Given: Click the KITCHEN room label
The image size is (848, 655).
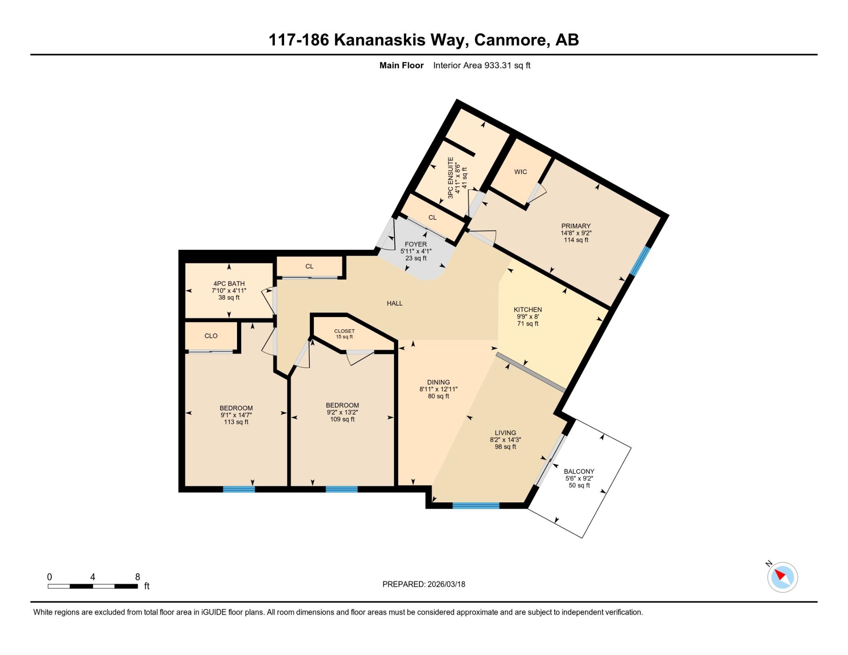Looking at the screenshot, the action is pyautogui.click(x=528, y=309).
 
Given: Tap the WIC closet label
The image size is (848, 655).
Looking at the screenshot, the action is pyautogui.click(x=521, y=172).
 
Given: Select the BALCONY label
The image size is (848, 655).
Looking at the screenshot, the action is pyautogui.click(x=579, y=471).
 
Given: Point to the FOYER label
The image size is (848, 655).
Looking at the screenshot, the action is pyautogui.click(x=416, y=244).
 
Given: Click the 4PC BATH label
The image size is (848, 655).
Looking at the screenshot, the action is pyautogui.click(x=229, y=284).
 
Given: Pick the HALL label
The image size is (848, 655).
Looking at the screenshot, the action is pyautogui.click(x=395, y=303).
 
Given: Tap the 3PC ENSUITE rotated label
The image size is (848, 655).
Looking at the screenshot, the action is pyautogui.click(x=451, y=178).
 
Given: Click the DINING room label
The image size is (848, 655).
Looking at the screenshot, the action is pyautogui.click(x=438, y=382).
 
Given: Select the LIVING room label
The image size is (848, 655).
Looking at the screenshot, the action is pyautogui.click(x=505, y=433).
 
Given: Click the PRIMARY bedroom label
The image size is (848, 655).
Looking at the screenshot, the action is pyautogui.click(x=576, y=226).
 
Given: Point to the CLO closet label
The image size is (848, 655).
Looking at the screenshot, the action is pyautogui.click(x=211, y=336).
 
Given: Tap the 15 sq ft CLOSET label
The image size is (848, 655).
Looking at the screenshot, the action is pyautogui.click(x=344, y=331).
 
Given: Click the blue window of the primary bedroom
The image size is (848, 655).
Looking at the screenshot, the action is pyautogui.click(x=640, y=260).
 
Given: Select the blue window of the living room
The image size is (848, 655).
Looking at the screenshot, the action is pyautogui.click(x=476, y=505).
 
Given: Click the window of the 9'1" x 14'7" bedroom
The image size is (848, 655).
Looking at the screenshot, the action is pyautogui.click(x=239, y=489).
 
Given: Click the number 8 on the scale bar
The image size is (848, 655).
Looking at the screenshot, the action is pyautogui.click(x=137, y=577).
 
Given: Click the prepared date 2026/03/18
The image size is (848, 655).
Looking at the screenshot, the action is pyautogui.click(x=446, y=584).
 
